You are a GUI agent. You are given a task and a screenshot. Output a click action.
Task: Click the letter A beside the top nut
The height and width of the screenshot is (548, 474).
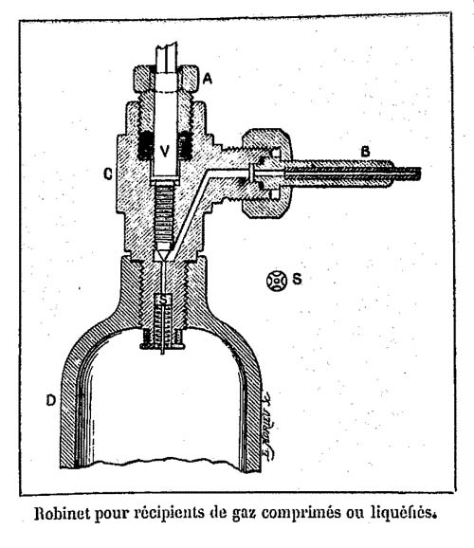(x=208, y=79)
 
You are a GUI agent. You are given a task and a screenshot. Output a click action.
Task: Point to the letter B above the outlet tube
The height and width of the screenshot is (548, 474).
(x=365, y=152)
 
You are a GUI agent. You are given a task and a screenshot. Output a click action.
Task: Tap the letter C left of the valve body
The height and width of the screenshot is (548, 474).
(x=108, y=174)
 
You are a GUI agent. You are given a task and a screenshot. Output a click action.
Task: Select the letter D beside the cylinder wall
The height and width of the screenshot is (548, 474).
(x=51, y=400)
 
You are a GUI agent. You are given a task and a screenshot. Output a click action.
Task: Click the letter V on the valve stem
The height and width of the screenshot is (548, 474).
(x=164, y=151)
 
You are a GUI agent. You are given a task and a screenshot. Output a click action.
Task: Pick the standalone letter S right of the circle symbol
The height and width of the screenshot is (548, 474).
(x=297, y=280)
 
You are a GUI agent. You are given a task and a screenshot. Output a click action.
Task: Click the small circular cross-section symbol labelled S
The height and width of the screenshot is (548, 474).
(x=277, y=281)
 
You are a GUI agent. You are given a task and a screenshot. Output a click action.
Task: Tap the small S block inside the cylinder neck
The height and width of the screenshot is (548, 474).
(x=163, y=299)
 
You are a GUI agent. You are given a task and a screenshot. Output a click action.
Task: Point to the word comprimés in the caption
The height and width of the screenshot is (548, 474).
(x=301, y=514)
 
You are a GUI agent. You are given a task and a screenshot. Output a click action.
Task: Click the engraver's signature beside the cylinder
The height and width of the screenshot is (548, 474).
(x=268, y=426)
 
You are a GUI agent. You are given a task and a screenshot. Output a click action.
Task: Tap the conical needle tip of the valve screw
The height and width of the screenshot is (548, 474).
(x=163, y=253)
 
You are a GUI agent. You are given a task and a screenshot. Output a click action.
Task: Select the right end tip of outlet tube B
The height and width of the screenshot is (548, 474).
(x=419, y=174)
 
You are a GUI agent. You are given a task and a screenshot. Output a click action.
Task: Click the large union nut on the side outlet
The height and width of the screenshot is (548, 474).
(x=267, y=174)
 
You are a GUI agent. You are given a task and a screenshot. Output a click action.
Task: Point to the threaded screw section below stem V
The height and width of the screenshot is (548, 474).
(x=163, y=214)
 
